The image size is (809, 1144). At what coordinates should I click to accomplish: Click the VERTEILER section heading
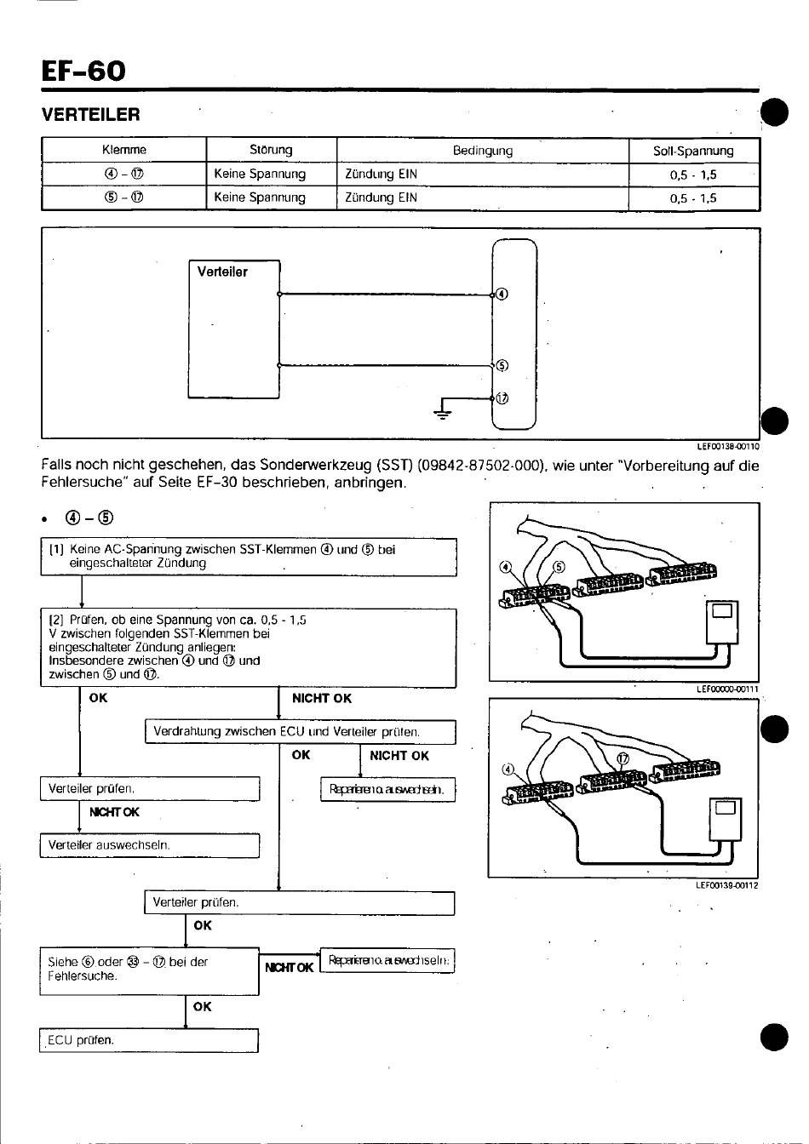coord(90,114)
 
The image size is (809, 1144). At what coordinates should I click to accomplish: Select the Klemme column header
coord(123,150)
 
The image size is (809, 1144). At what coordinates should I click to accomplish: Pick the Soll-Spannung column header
coord(692,151)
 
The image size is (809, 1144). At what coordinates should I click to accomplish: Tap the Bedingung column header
coord(482,150)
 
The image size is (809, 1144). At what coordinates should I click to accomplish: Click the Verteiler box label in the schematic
coord(222,272)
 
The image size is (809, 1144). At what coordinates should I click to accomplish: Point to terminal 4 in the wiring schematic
coord(502,295)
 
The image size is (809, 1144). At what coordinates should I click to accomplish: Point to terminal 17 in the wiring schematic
coord(502,398)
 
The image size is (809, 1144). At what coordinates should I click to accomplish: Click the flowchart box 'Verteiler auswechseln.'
coord(149,845)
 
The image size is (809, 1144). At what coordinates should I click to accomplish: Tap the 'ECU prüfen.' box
coord(149,1039)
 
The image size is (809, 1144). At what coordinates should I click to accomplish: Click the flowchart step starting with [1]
coord(248,556)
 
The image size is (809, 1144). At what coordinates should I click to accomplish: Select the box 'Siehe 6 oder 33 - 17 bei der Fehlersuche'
coord(149,970)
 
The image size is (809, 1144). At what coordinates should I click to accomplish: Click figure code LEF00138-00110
coord(726,445)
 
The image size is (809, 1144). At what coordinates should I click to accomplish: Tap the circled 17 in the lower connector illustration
coord(623,758)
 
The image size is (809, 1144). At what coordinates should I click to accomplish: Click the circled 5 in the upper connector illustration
coord(559,567)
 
